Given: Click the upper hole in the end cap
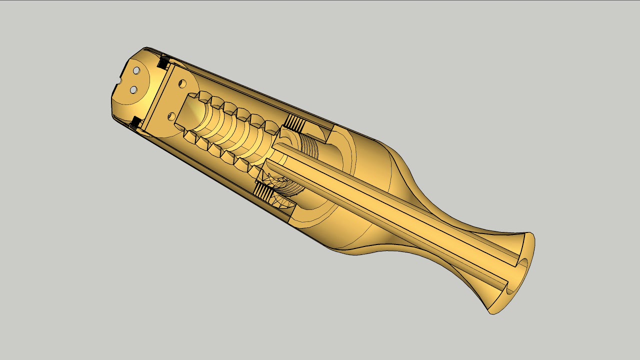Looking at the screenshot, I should point(135,70).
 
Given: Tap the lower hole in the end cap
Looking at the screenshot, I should point(133,89).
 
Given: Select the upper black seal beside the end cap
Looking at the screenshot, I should point(162,62).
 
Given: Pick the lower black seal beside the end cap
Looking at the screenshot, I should point(135,122).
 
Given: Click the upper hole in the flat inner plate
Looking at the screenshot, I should point(181,83).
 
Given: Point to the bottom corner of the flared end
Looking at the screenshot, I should point(492,313).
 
